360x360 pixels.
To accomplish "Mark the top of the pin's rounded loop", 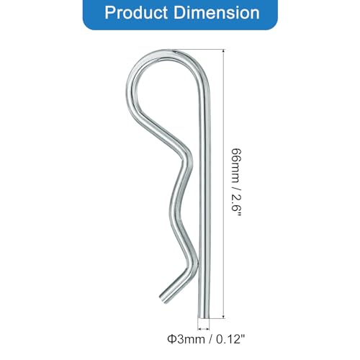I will pos(173,50).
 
